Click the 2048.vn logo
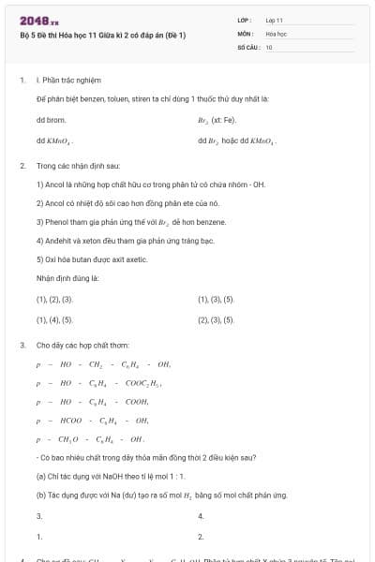38,21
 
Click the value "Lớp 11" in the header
275,19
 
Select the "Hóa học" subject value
276,33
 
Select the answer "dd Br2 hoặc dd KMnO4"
235,141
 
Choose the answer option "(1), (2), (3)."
54,300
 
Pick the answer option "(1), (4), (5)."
54,319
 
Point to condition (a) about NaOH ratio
120,477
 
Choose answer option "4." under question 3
202,516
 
